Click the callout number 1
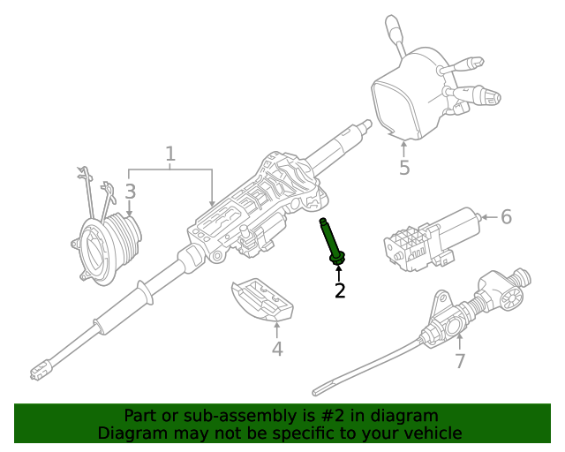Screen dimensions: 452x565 170,155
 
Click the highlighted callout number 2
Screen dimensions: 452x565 340,290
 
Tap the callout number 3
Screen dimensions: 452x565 130,191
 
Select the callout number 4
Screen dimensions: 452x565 277,349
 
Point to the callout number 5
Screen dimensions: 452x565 404,167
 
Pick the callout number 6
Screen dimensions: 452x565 506,216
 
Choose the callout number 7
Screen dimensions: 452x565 459,361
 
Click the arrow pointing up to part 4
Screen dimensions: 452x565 277,329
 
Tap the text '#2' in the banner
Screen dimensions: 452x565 335,415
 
